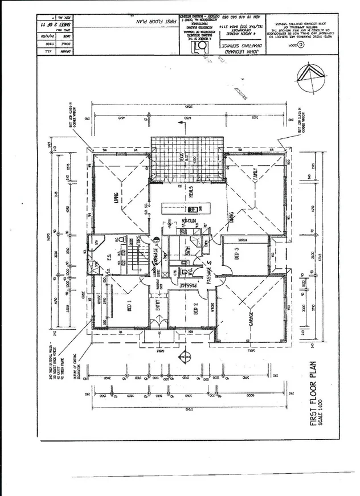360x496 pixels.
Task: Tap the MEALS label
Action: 193,194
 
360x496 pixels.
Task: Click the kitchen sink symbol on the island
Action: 190,208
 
